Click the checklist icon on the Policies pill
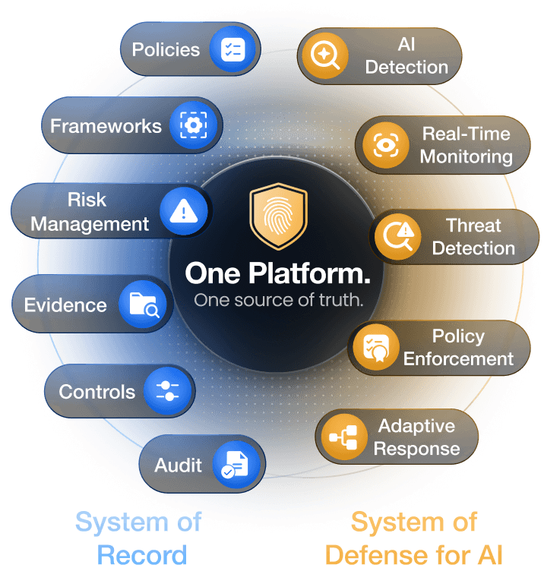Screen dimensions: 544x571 coord(232,49)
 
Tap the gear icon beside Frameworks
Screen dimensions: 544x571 coord(194,125)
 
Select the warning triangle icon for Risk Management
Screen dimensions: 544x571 coord(184,211)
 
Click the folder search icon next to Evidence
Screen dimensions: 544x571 coord(144,304)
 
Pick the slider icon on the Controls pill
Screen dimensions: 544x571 coord(167,391)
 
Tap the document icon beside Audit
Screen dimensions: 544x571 coord(235,464)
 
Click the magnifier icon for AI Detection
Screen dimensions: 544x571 coord(324,55)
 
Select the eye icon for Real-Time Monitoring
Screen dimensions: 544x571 coord(385,145)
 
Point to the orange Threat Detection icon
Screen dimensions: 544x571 coord(398,237)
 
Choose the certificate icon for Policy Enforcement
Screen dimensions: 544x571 coord(376,348)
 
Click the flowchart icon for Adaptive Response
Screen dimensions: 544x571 coord(343,437)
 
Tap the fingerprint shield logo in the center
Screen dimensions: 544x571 coord(278,216)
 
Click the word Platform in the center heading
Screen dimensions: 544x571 coord(309,274)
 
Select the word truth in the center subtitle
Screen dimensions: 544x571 coord(341,300)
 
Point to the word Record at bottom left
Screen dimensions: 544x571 coord(142,555)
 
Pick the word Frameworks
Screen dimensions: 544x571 coord(106,126)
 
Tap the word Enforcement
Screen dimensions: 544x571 coord(458,358)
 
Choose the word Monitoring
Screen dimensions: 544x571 coord(466,157)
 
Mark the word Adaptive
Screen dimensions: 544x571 coord(416,426)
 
